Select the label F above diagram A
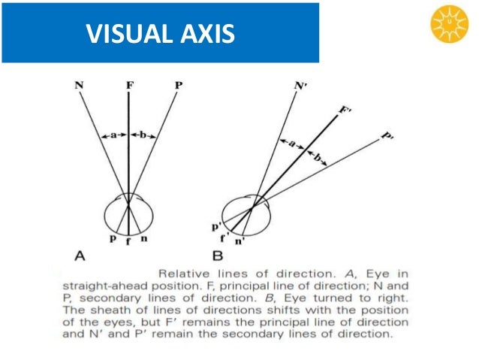(129, 86)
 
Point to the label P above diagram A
(178, 86)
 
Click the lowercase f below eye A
(129, 241)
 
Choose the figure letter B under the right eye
(218, 256)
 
